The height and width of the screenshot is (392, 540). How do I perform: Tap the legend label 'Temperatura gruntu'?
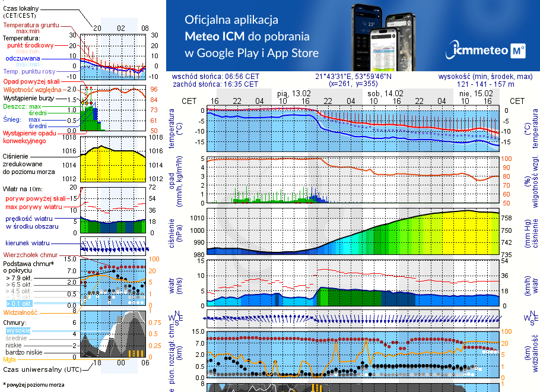[31, 26]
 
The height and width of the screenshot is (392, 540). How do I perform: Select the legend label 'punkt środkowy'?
[30, 45]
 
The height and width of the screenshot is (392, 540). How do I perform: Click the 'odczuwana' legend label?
[23, 58]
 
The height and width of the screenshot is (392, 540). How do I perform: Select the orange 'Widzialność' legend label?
[20, 311]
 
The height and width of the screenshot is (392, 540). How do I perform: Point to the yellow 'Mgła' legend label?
[9, 359]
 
